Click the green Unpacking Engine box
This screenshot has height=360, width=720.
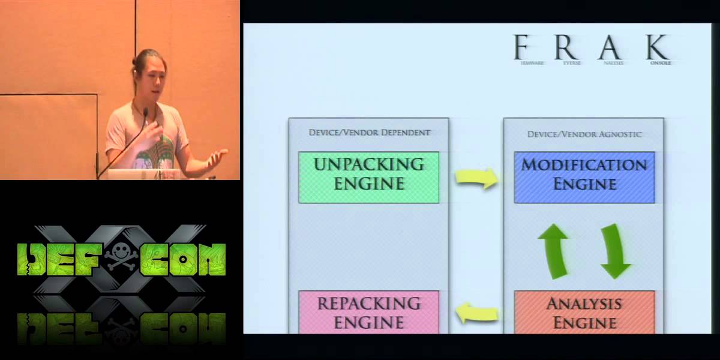pyautogui.click(x=368, y=177)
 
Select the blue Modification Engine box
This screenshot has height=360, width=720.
pyautogui.click(x=584, y=177)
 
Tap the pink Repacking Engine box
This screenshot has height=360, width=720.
pyautogui.click(x=368, y=312)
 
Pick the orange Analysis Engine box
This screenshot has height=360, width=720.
pyautogui.click(x=584, y=312)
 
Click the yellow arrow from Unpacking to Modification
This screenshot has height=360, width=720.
pyautogui.click(x=476, y=178)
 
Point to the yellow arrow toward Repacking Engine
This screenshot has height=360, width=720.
pyautogui.click(x=477, y=313)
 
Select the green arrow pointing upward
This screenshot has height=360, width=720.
pyautogui.click(x=553, y=250)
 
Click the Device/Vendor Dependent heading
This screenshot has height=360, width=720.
pyautogui.click(x=369, y=132)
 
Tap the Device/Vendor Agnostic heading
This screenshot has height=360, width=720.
pyautogui.click(x=584, y=134)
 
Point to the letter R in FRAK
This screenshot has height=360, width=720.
pyautogui.click(x=566, y=47)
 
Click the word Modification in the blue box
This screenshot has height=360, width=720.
pyautogui.click(x=584, y=164)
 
